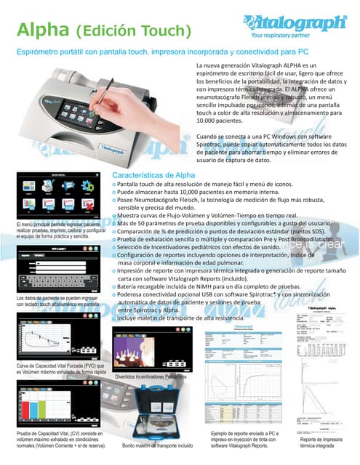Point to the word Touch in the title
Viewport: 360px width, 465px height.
(x=163, y=31)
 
